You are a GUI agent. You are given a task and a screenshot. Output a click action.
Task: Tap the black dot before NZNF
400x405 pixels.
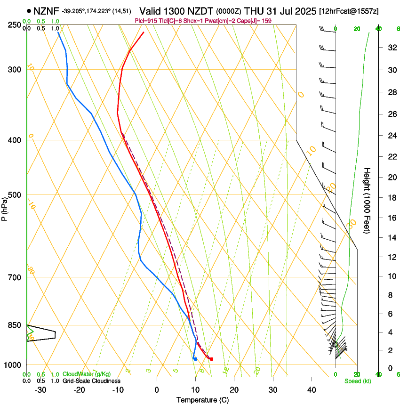pos(29,10)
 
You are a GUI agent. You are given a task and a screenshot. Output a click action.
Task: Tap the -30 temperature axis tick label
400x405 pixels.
pos(40,390)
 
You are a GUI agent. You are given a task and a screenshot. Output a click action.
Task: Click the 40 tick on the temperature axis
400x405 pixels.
pos(312,390)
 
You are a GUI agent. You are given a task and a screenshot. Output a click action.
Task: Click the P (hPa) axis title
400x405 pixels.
pos(4,207)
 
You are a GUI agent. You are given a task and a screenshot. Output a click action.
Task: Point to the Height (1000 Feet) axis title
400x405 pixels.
pos(368,200)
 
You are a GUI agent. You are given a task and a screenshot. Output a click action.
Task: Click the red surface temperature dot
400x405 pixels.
pos(211,359)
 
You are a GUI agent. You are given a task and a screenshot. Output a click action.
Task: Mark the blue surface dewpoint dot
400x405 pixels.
pos(195,359)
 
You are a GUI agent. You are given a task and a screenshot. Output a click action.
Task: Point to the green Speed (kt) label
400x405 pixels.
pos(357,381)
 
